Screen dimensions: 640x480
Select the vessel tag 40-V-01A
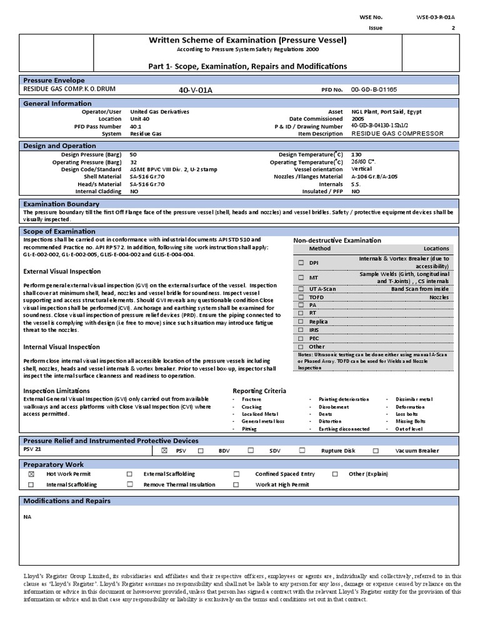pyautogui.click(x=196, y=90)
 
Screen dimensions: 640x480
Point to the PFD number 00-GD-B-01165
pyautogui.click(x=374, y=90)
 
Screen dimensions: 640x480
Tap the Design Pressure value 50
pyautogui.click(x=133, y=154)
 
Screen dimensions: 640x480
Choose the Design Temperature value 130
pyautogui.click(x=356, y=154)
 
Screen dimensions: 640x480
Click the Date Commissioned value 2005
pyautogui.click(x=357, y=119)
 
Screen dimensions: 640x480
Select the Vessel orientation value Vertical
pyautogui.click(x=361, y=169)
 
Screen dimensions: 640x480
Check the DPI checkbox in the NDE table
pyautogui.click(x=301, y=263)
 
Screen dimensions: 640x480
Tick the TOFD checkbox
pyautogui.click(x=301, y=297)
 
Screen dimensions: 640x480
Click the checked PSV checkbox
pyautogui.click(x=165, y=450)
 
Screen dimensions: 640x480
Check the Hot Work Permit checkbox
pyautogui.click(x=31, y=474)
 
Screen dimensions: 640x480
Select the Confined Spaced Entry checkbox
pyautogui.click(x=237, y=474)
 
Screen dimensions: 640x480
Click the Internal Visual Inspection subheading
pyautogui.click(x=61, y=347)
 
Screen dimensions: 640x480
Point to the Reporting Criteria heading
pyautogui.click(x=259, y=391)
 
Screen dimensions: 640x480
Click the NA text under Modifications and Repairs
pyautogui.click(x=27, y=517)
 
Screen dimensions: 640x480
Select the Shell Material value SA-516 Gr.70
pyautogui.click(x=147, y=176)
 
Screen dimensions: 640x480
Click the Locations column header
pyautogui.click(x=436, y=249)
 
